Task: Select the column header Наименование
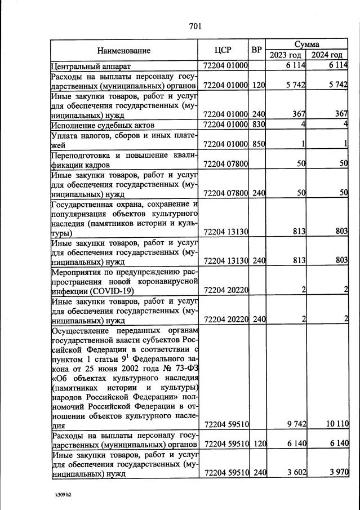(x=123, y=50)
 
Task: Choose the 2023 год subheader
(x=286, y=55)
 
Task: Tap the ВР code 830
(x=259, y=124)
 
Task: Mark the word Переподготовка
(x=82, y=156)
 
